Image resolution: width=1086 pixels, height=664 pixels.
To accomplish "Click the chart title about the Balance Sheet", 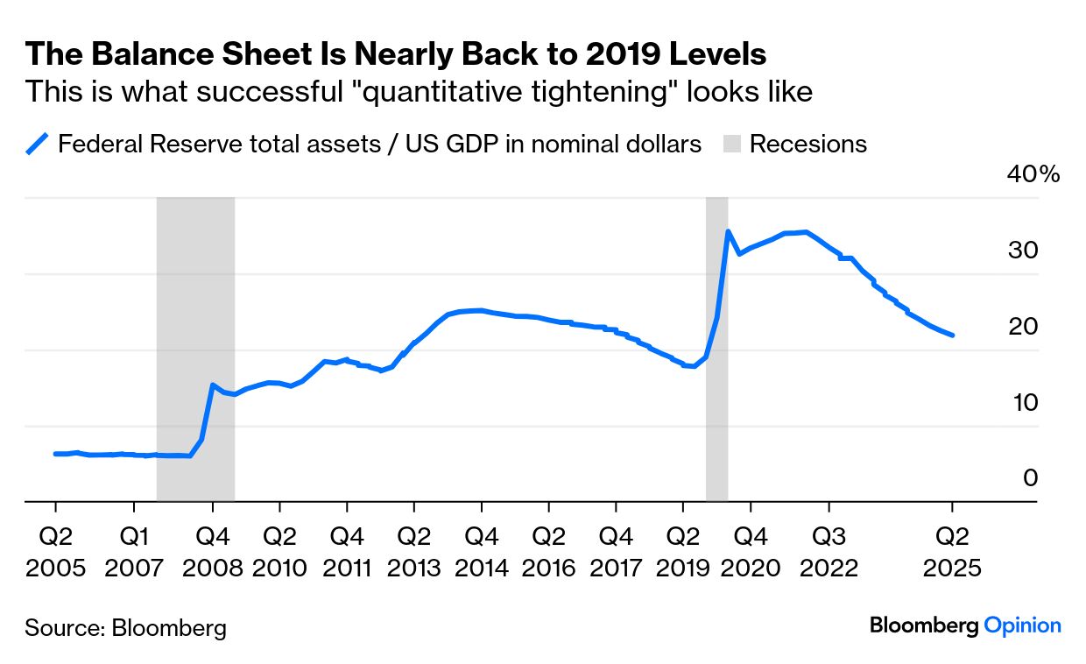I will (x=396, y=54).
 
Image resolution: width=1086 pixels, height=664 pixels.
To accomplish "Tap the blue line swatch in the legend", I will (x=38, y=144).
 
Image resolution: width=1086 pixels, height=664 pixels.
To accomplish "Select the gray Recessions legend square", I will (x=732, y=145).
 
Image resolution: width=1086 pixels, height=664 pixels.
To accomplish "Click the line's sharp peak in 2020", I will (x=728, y=232).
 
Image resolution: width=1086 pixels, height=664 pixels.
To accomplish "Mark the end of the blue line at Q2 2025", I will (x=952, y=335).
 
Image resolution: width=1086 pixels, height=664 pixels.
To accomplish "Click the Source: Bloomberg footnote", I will (x=125, y=627).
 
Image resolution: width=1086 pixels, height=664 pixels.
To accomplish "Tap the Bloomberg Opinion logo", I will (x=965, y=625).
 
